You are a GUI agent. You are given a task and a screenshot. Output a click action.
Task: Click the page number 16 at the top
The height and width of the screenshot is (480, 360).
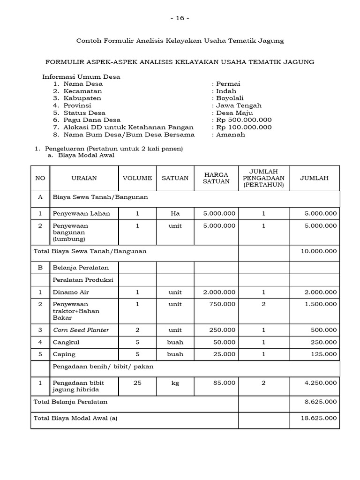tap(180, 18)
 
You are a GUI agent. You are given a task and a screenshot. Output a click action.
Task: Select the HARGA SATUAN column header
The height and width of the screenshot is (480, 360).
tap(216, 178)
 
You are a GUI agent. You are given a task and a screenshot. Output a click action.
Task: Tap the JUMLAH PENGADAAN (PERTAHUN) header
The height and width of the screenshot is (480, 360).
tap(263, 178)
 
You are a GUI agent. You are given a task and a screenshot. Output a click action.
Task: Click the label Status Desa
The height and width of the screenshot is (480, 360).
tap(84, 113)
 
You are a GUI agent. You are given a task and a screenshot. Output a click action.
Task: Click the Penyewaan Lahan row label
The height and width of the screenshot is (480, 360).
tap(82, 213)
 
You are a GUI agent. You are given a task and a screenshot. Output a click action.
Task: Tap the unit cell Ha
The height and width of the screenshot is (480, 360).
tap(175, 213)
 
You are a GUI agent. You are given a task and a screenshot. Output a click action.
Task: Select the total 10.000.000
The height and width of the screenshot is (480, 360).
tap(319, 251)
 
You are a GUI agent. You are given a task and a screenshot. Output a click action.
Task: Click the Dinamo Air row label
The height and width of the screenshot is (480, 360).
tap(71, 292)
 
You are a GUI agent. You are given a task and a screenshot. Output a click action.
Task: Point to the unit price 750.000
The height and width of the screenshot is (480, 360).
tap(224, 304)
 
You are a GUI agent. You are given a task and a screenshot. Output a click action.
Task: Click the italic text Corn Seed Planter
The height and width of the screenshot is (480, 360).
tap(81, 330)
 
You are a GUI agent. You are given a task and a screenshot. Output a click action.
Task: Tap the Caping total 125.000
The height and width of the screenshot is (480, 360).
tap(324, 354)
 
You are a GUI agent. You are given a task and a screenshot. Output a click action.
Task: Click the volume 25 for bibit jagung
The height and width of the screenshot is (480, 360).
tap(137, 383)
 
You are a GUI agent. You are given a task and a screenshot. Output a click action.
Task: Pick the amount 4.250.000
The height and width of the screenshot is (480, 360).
tap(321, 383)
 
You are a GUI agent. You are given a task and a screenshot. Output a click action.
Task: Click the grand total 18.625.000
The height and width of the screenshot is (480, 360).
tap(319, 419)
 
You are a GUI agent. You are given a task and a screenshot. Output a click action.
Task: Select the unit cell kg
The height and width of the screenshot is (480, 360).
tap(175, 383)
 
